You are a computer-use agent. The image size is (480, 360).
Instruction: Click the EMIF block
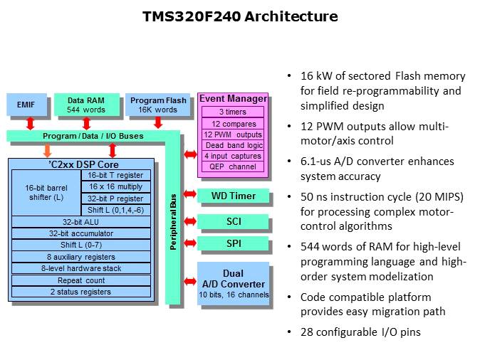pos(26,105)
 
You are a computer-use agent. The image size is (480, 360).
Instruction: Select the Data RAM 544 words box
pos(86,105)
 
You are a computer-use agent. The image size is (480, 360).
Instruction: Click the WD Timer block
pos(234,196)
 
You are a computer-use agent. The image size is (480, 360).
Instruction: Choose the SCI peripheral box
pos(234,221)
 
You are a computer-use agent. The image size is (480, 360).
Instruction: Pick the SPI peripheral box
pos(234,245)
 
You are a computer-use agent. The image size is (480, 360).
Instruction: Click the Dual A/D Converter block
pos(234,284)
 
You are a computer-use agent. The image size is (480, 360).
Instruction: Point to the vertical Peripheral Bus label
pos(173,221)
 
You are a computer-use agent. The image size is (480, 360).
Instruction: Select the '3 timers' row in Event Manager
pos(233,112)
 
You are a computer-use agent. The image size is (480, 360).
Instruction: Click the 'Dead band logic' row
pos(233,145)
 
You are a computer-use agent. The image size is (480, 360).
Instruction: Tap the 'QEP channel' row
pos(233,167)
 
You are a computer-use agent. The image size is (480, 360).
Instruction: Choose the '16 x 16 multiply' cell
pos(115,186)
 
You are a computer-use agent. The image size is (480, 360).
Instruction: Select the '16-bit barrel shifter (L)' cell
pos(46,191)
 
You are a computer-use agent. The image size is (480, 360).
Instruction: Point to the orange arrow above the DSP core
pos(48,149)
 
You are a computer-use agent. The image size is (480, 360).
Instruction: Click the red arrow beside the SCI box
pos(189,221)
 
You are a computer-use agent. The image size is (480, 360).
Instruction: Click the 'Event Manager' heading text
pos(233,99)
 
